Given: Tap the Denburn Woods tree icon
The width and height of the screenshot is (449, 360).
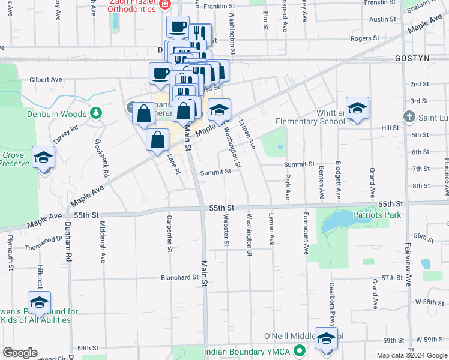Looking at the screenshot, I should (95, 113).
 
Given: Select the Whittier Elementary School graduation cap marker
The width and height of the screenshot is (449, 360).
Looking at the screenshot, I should (357, 109).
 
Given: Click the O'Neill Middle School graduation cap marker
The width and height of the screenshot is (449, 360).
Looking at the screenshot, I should (326, 338).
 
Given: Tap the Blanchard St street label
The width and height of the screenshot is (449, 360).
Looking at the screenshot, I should (179, 277).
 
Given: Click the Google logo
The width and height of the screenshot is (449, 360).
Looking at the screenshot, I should (20, 353).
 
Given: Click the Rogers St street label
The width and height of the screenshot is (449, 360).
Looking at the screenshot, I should (365, 38).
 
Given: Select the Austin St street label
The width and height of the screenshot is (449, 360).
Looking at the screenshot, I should (382, 19).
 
